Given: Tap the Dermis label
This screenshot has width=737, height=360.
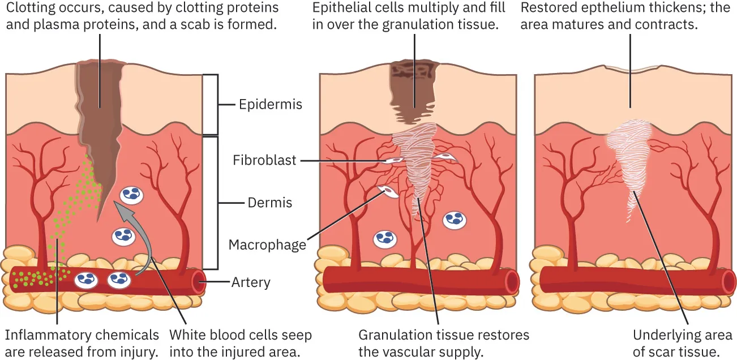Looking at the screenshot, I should tap(270, 203).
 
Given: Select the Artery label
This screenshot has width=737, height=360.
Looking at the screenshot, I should tap(251, 282).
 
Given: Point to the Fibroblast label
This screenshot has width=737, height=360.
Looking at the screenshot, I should tap(264, 161).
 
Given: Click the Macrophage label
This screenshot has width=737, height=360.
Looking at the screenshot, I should tap(267, 245).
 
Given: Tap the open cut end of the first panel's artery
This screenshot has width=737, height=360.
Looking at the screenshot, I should tap(199, 281).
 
